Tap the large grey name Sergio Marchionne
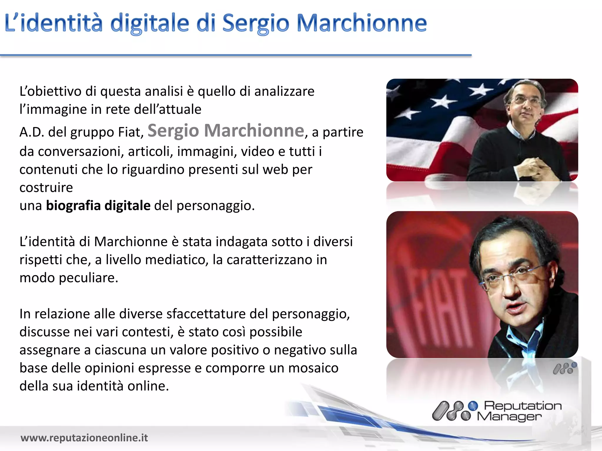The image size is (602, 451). click(226, 131)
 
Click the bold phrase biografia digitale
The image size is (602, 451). click(98, 206)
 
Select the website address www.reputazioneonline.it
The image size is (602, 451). click(84, 438)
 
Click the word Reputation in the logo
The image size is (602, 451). click(523, 406)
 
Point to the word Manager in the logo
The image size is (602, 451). click(509, 416)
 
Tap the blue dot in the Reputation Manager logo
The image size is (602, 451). click(473, 406)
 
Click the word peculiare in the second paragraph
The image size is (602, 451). click(88, 278)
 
